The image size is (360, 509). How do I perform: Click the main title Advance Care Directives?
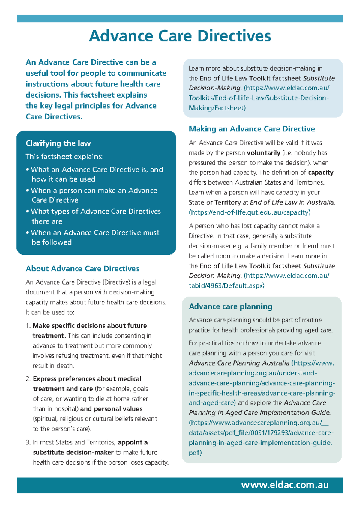(x=180, y=36)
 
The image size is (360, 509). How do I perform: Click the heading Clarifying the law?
(x=58, y=143)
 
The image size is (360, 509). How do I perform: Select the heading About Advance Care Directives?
(x=82, y=268)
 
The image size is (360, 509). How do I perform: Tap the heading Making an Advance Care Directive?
(x=252, y=129)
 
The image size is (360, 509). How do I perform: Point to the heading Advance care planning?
(x=230, y=306)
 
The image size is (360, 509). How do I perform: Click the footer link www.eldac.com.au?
(x=285, y=485)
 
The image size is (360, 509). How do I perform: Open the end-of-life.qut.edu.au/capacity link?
(x=250, y=212)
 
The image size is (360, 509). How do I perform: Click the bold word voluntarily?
(x=263, y=153)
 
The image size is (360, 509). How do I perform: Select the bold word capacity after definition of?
(x=321, y=173)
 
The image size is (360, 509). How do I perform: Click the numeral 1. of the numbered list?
(x=28, y=326)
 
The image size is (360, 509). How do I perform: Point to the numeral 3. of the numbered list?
(x=28, y=443)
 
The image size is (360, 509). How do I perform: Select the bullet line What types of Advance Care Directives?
(x=95, y=211)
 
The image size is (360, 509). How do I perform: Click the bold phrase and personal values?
(x=111, y=409)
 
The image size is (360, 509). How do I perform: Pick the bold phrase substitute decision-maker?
(x=73, y=453)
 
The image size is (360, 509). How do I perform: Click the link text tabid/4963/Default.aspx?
(x=226, y=285)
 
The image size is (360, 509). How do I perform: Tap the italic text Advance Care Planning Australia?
(x=239, y=363)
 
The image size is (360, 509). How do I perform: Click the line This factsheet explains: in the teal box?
(x=64, y=156)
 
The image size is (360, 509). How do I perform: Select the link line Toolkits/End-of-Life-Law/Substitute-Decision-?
(x=258, y=98)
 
